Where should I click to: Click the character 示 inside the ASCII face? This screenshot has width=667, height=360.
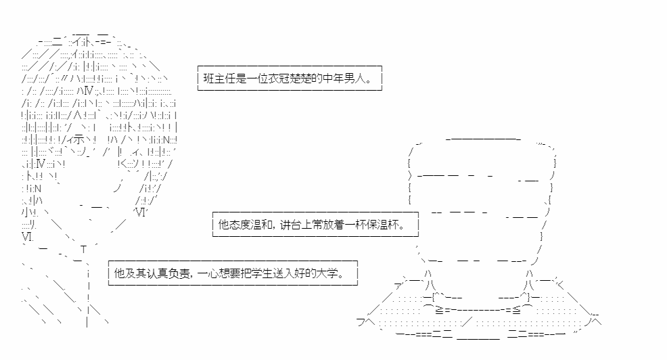coord(78,140)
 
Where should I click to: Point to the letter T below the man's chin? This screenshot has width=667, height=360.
coord(83,250)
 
